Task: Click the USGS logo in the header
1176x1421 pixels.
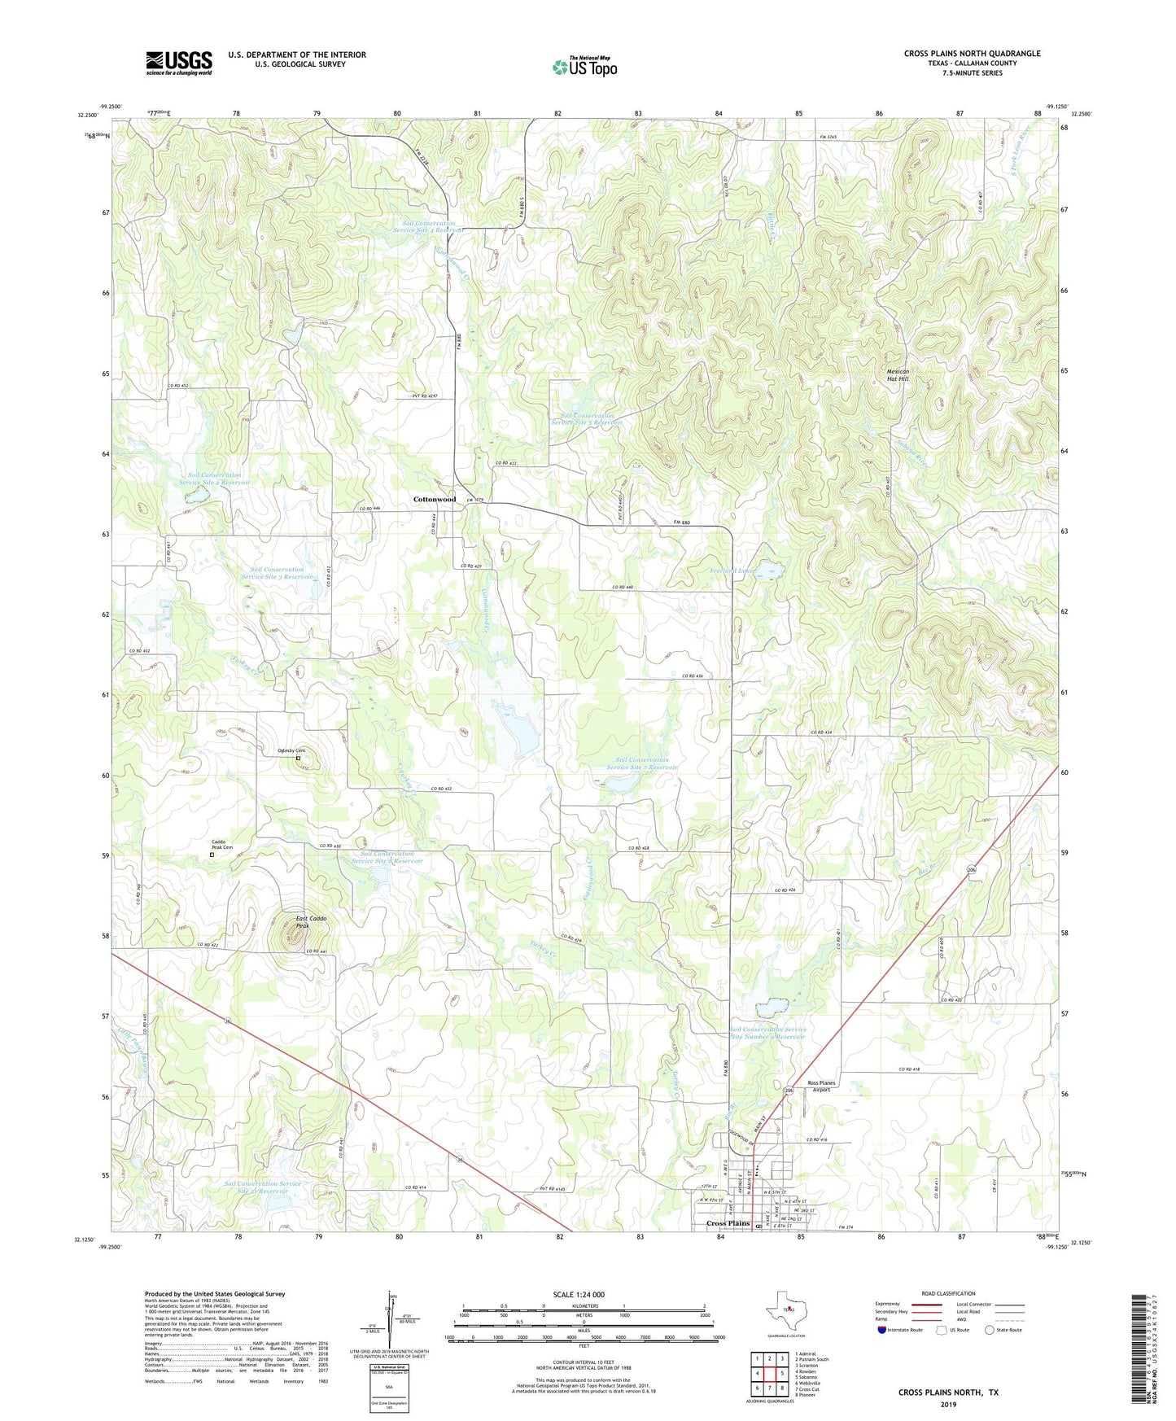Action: click(179, 63)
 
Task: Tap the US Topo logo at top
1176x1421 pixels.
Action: click(584, 67)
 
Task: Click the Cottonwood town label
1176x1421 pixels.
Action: click(434, 499)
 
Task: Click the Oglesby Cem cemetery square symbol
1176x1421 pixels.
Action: click(298, 759)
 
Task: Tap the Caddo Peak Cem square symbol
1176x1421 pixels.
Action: click(212, 855)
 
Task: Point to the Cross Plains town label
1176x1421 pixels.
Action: click(728, 1223)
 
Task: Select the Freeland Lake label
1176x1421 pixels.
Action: click(733, 571)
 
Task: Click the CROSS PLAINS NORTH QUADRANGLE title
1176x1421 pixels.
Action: click(972, 54)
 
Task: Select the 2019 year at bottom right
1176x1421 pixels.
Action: click(948, 1404)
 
